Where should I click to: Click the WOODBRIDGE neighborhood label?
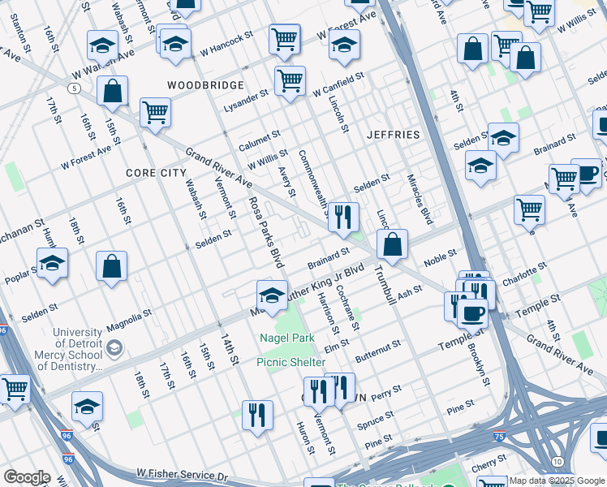[205, 85]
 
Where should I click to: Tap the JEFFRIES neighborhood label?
[394, 134]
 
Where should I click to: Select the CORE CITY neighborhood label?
[156, 173]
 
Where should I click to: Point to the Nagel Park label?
[286, 338]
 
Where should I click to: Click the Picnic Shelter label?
[291, 362]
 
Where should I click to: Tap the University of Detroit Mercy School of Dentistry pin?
[115, 348]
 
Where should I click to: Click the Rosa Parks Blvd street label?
[266, 233]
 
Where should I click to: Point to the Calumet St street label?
[259, 141]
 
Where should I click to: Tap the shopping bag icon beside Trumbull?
[392, 244]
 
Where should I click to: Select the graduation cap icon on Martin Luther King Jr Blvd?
[273, 295]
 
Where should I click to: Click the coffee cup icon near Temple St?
[472, 312]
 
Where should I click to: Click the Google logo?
[27, 477]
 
